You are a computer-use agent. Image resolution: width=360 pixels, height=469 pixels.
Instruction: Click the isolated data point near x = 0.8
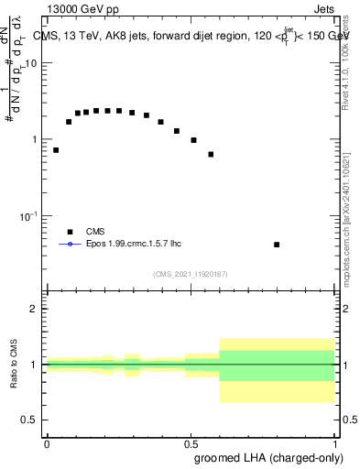pyautogui.click(x=277, y=245)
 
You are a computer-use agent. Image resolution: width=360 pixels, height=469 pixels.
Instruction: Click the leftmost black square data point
pyautogui.click(x=56, y=150)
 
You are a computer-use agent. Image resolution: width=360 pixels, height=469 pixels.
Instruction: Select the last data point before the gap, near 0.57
pyautogui.click(x=211, y=154)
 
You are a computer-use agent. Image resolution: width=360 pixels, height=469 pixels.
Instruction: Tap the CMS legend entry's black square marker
pyautogui.click(x=70, y=232)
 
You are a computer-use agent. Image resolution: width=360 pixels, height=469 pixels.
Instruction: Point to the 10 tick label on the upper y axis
pyautogui.click(x=31, y=64)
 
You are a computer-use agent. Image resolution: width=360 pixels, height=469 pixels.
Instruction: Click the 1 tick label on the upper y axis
pyautogui.click(x=34, y=140)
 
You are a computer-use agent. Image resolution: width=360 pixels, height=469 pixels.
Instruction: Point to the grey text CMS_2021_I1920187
pyautogui.click(x=190, y=274)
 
